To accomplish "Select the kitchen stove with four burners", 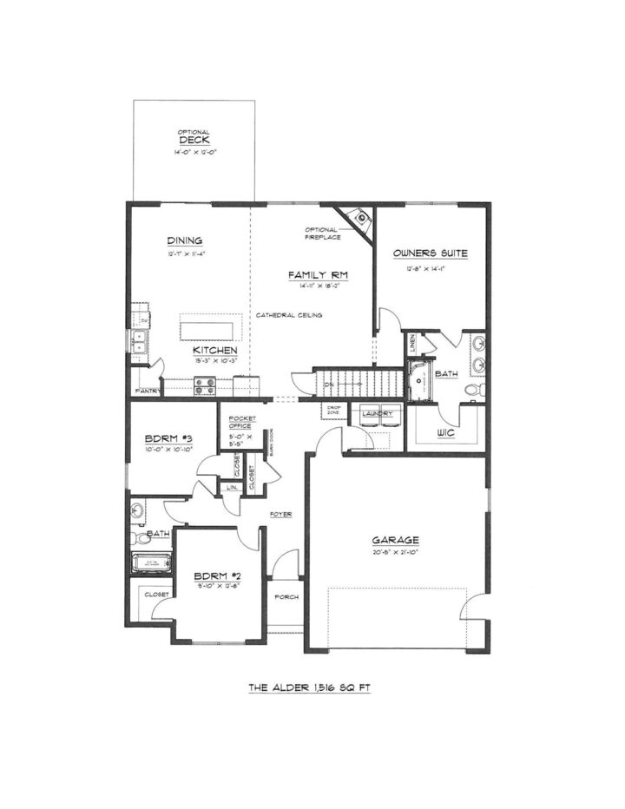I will coord(205,385).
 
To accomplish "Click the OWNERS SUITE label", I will coord(430,253).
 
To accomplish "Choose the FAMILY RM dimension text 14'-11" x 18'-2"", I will coord(318,286).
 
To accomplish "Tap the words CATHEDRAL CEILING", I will coord(288,315).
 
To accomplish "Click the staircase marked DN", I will coord(360,383).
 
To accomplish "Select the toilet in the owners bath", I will coord(474,390).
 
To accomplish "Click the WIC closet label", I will coord(447,433).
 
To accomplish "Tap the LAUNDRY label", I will coord(378,414).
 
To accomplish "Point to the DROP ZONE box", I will coord(333,410).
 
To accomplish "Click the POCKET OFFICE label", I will coord(240,424).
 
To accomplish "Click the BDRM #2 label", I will coord(214,576).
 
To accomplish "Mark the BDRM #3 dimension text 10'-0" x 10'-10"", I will coord(168,451).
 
